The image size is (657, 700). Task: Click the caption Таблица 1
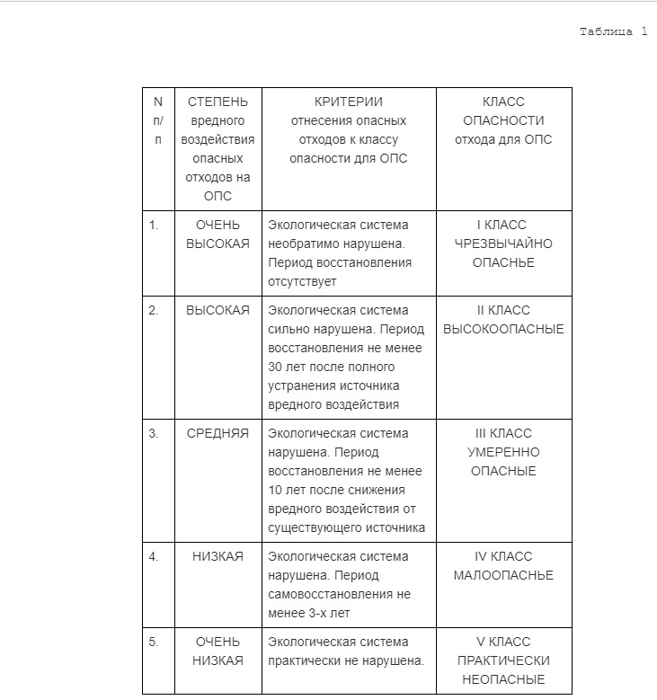(613, 32)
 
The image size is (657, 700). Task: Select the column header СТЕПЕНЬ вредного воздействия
(218, 148)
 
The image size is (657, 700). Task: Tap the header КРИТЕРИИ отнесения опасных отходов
(348, 129)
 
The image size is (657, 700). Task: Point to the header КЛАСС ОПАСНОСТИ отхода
(503, 120)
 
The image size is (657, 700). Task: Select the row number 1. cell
(154, 226)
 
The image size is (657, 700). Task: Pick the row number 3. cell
(154, 433)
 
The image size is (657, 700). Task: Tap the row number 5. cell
(154, 642)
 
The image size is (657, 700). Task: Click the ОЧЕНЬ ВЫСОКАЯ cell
(218, 235)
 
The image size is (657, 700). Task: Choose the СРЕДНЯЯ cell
(218, 433)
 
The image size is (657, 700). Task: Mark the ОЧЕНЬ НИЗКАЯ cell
(218, 651)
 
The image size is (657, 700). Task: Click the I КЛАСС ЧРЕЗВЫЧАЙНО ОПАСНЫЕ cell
(503, 244)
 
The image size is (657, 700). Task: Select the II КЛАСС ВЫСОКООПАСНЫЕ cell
(503, 320)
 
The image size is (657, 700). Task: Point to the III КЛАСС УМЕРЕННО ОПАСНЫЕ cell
(503, 452)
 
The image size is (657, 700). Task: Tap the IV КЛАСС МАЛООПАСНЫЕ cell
(503, 566)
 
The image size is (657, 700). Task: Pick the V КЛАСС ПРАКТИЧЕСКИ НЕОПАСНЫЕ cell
(503, 660)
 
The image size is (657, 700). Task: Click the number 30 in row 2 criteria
(275, 367)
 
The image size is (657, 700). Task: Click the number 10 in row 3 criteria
(275, 490)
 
